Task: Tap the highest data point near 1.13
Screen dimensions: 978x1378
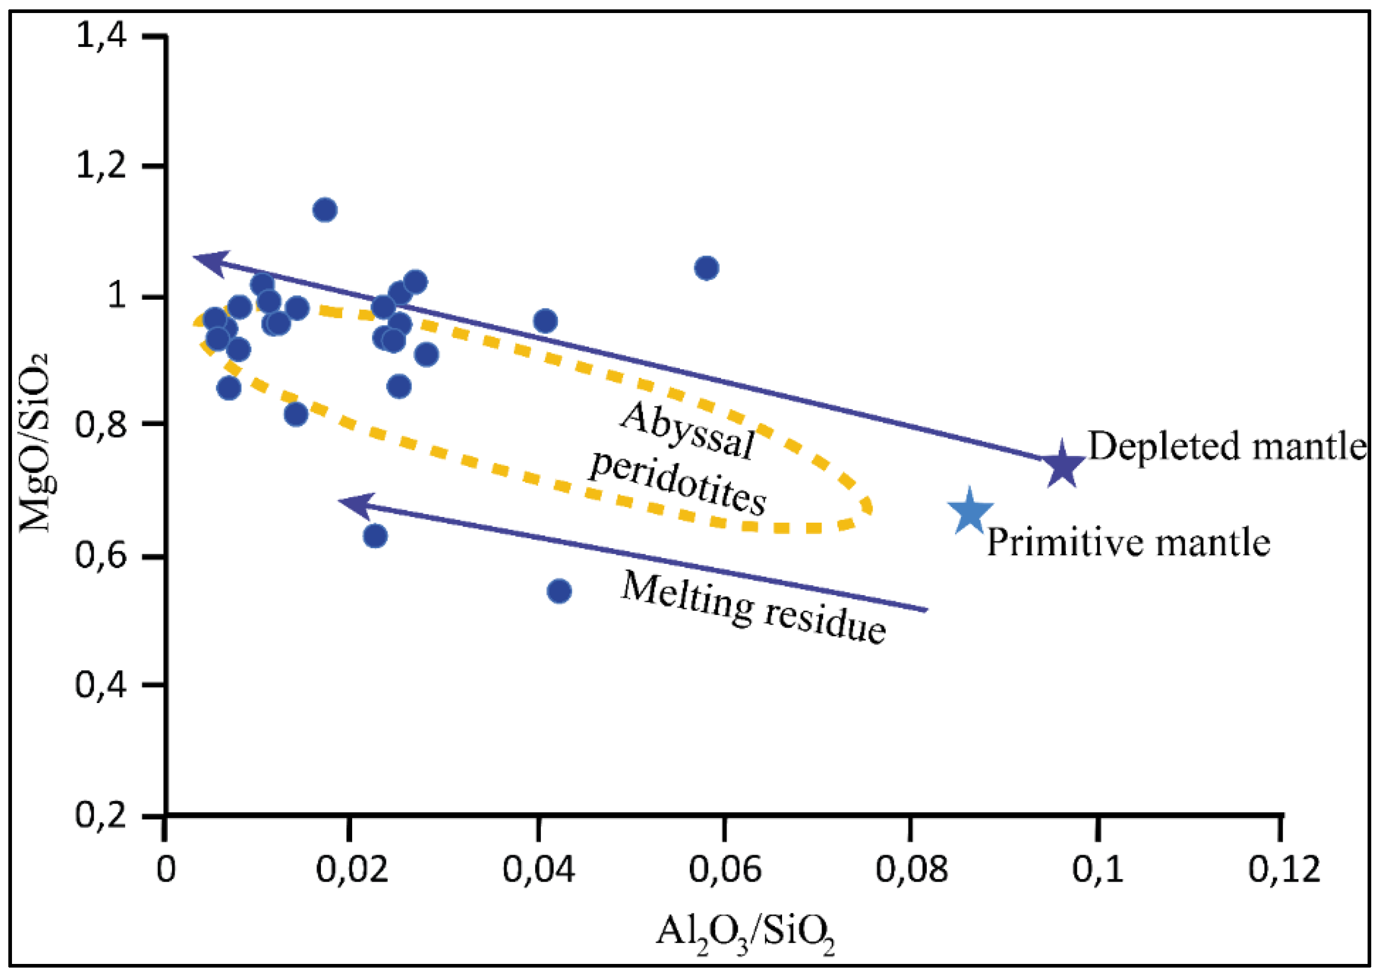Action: tap(325, 210)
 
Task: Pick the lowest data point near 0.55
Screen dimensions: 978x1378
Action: tap(559, 591)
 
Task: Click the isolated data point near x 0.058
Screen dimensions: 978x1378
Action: tap(706, 268)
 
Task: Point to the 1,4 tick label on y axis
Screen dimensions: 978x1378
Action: tap(101, 36)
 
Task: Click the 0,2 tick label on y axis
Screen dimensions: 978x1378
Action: tap(101, 815)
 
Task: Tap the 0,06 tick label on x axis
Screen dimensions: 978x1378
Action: tap(725, 869)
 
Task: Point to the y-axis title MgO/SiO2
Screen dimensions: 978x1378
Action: tap(40, 443)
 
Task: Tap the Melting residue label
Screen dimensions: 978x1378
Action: tap(752, 607)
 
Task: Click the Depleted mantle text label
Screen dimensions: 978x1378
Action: tap(1227, 445)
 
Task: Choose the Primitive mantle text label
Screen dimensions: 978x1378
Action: tap(1128, 542)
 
